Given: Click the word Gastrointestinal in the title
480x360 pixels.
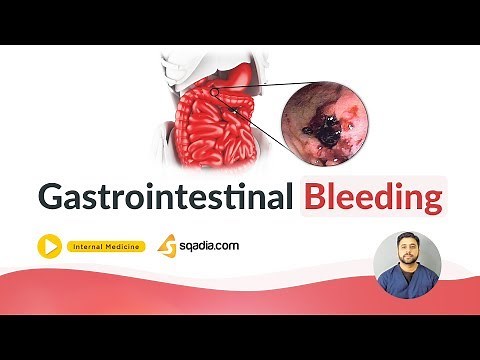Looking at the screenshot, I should click(x=164, y=196).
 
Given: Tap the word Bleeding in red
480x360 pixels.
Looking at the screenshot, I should click(x=372, y=196).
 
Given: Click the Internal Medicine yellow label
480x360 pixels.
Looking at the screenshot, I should click(x=108, y=246).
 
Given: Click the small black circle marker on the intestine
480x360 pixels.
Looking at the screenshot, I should click(x=215, y=92).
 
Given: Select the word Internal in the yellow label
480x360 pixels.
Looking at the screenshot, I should click(x=91, y=246).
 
